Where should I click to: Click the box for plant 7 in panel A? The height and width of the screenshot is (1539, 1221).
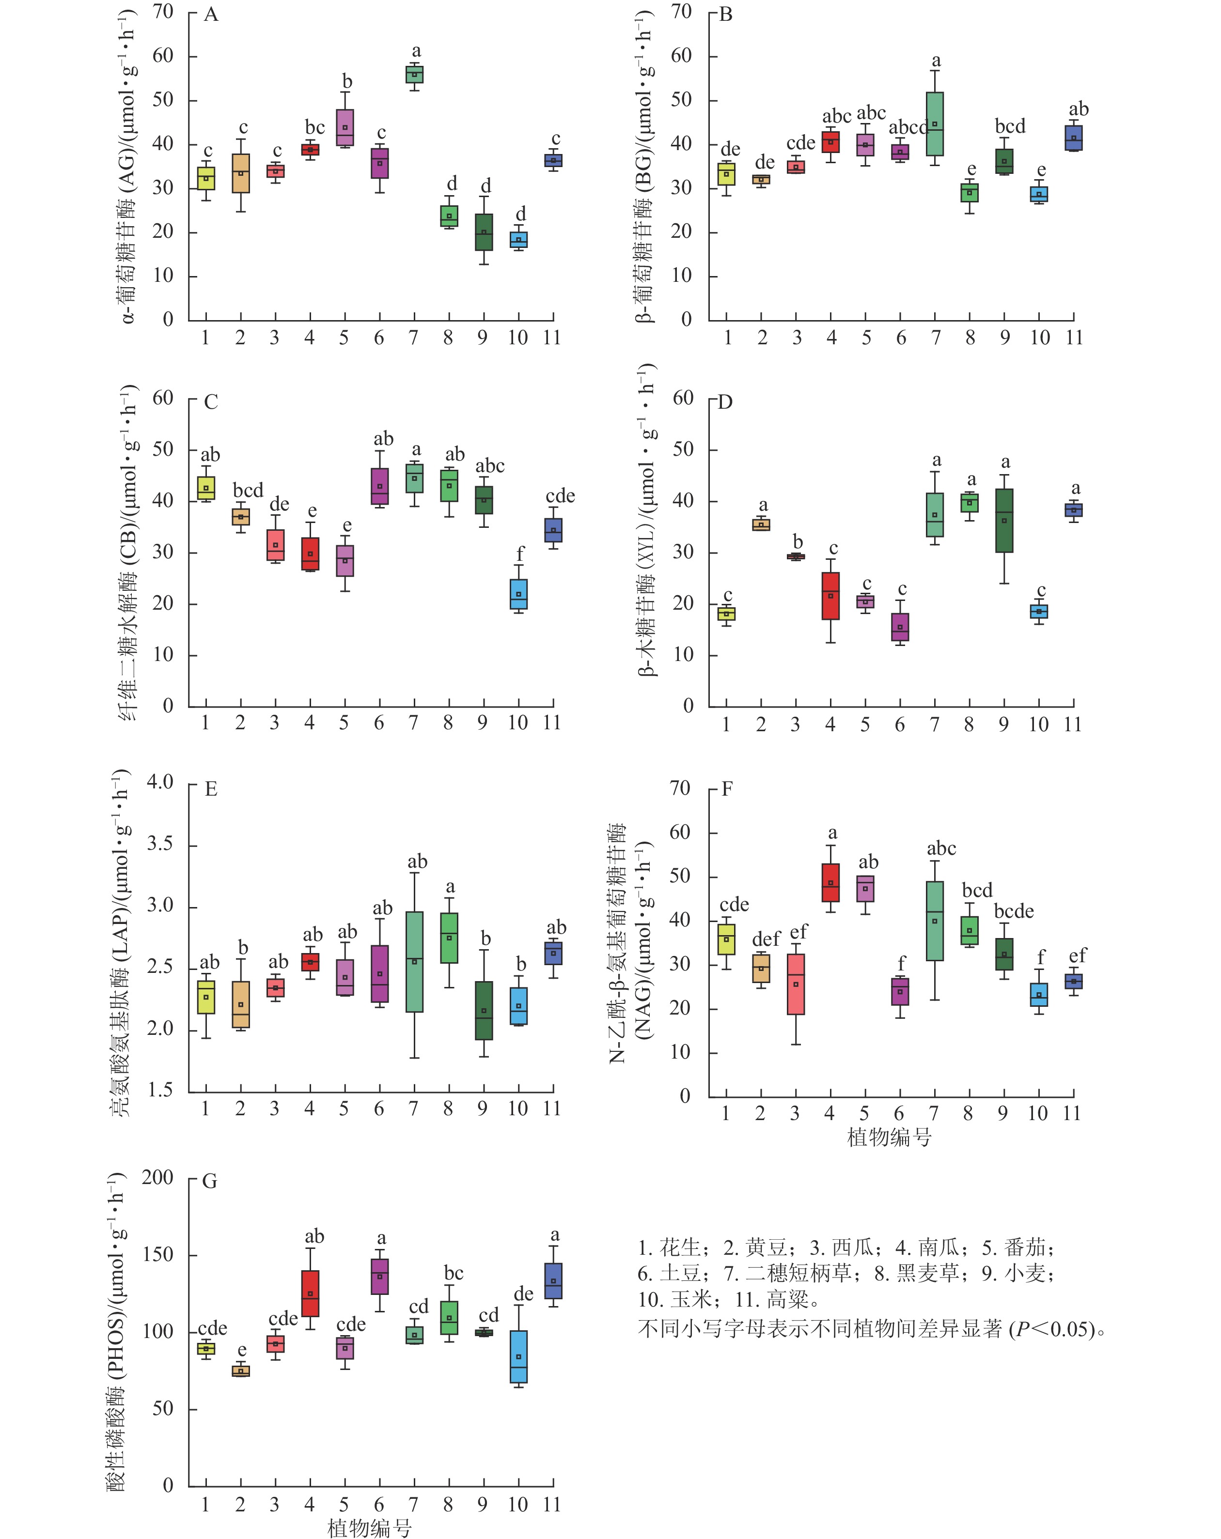[x=414, y=74]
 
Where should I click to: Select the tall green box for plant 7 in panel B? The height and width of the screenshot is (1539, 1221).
[x=935, y=123]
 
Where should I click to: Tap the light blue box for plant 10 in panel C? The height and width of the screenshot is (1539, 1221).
[x=519, y=594]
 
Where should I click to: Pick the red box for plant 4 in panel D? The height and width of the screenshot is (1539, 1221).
[x=830, y=595]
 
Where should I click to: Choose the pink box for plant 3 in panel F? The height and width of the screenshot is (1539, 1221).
[x=796, y=984]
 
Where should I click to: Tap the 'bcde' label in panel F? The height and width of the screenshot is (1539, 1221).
[x=1014, y=911]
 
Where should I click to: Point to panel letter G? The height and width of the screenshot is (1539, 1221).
[x=209, y=1182]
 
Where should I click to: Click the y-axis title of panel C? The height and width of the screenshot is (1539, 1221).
[x=128, y=553]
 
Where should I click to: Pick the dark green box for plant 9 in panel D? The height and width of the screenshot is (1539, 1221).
[x=1004, y=521]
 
